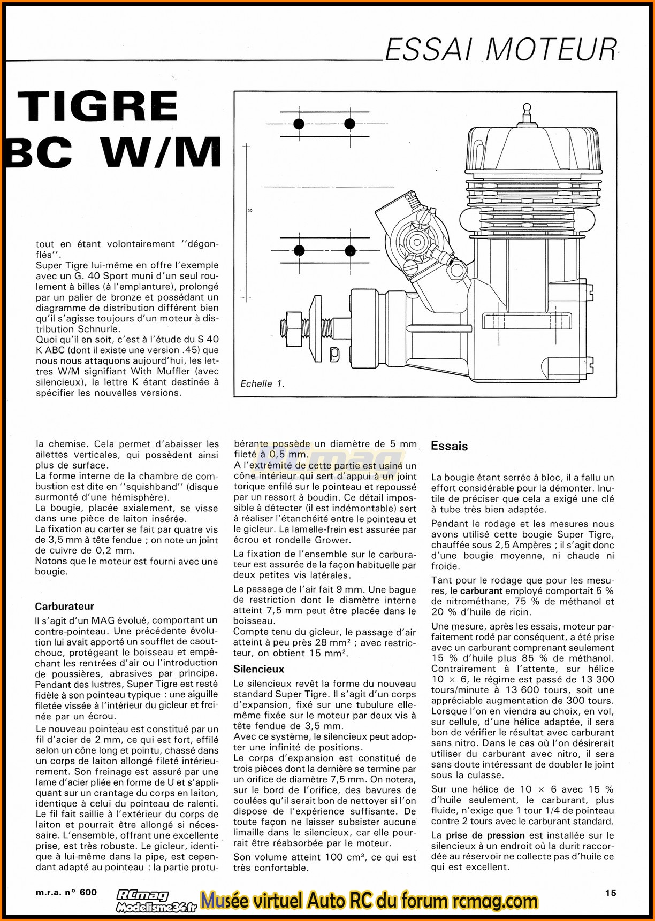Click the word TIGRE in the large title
98,106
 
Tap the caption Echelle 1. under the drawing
262,383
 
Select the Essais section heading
449,446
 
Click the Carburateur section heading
64,606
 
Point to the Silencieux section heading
258,669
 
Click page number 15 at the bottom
611,893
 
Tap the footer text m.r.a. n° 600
67,892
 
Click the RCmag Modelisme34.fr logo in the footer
156,901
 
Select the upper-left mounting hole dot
299,124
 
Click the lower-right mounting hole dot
350,250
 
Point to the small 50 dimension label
250,210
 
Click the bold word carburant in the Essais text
481,591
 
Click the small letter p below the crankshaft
334,353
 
